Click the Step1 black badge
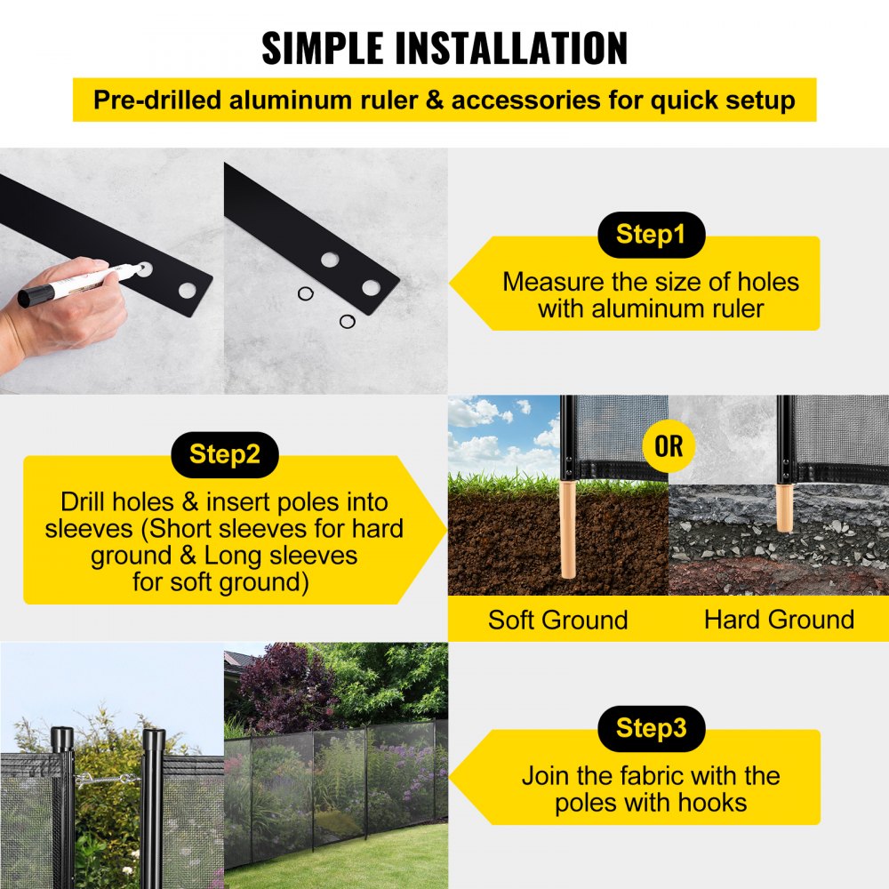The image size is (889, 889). pos(651,235)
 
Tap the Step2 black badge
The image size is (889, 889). pos(224,454)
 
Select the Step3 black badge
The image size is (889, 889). pos(651,729)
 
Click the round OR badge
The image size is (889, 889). pos(669,446)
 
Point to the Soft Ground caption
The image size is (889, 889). pos(557,620)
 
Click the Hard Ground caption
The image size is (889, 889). pos(779,620)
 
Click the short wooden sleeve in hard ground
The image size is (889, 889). pos(783,507)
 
